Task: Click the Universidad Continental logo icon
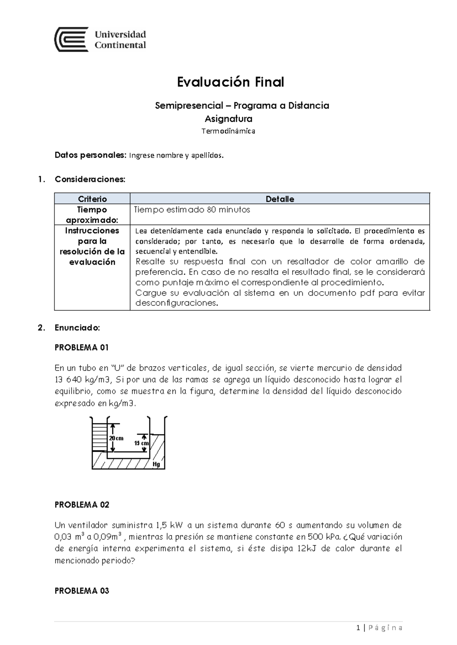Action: (x=71, y=40)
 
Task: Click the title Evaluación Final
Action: (x=230, y=82)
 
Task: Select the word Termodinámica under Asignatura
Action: (x=228, y=132)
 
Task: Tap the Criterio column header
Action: (x=92, y=199)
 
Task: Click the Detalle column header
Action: (x=280, y=199)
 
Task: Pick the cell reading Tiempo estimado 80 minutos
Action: (x=192, y=210)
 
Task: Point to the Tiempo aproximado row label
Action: (x=92, y=215)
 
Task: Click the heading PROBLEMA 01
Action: (x=82, y=347)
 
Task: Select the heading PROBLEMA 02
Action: (x=82, y=505)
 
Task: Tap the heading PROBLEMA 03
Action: (x=82, y=591)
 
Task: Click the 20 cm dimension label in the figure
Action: (x=116, y=438)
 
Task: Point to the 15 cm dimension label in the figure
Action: (x=141, y=443)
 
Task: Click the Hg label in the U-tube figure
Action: (x=156, y=464)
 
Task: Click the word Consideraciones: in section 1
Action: (x=90, y=179)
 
